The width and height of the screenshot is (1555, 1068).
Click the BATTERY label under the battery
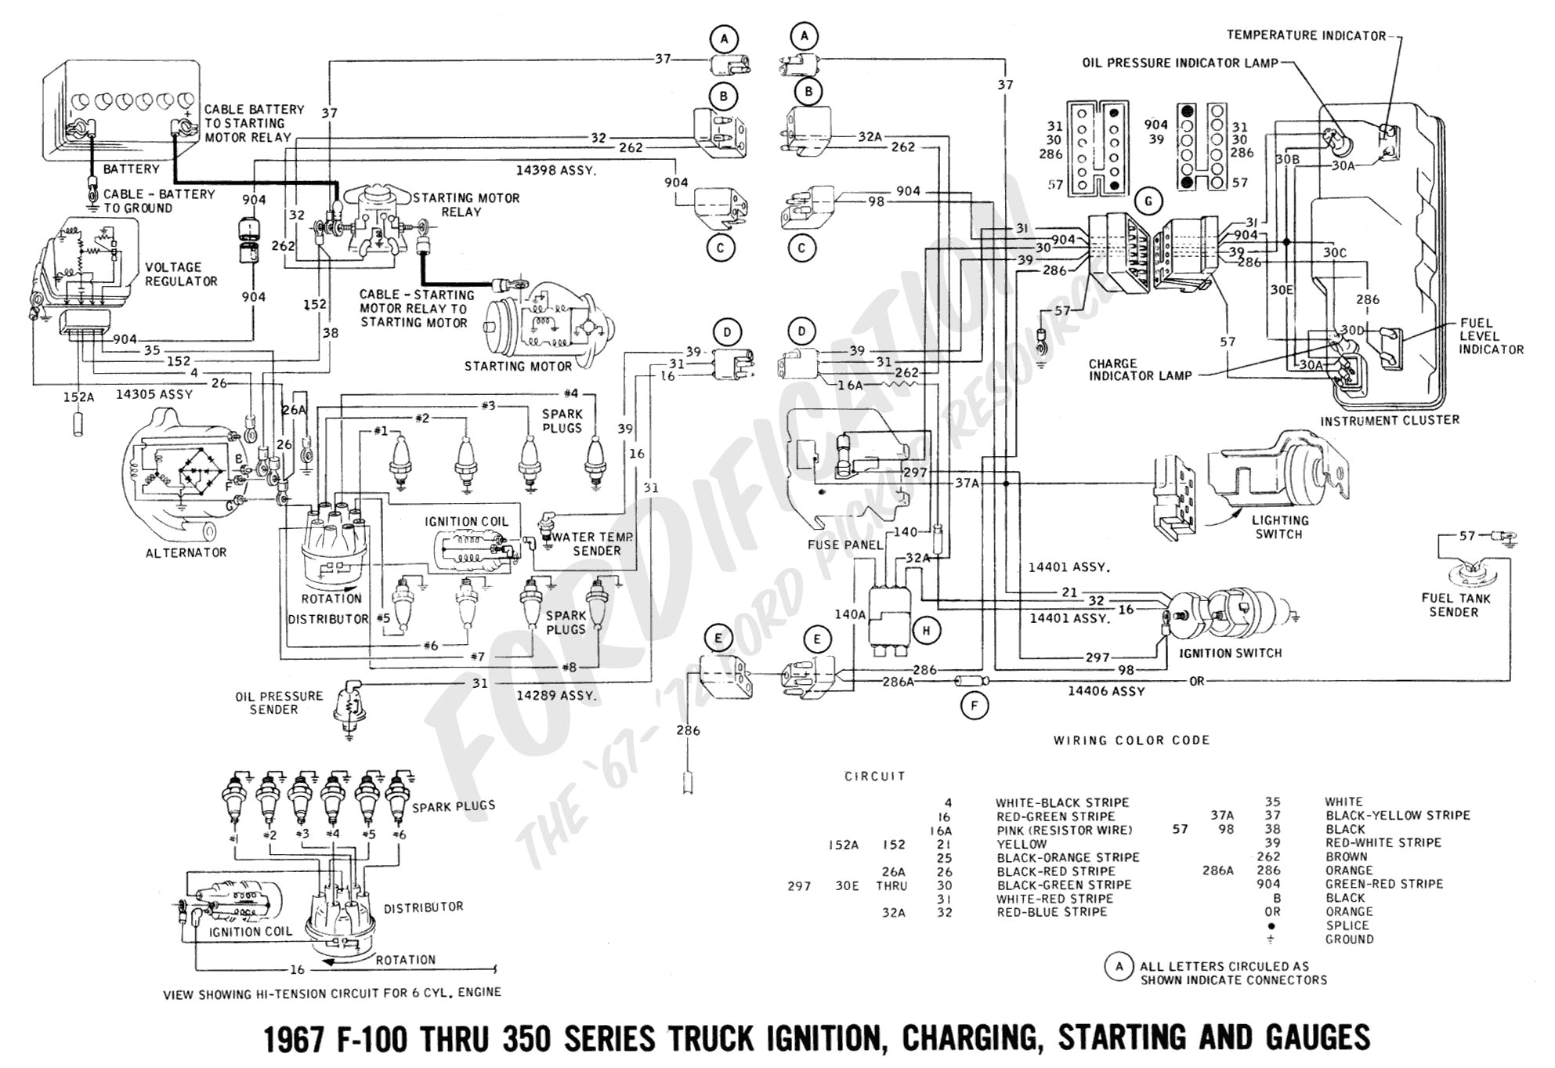(x=131, y=168)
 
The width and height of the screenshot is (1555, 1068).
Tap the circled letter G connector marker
(x=1148, y=201)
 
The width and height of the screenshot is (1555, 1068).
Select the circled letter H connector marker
(x=927, y=630)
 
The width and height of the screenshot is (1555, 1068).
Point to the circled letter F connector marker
(x=975, y=706)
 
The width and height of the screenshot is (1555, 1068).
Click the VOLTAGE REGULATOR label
(x=181, y=274)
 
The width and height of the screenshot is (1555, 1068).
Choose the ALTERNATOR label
(x=186, y=552)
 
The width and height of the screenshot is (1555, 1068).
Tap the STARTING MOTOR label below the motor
(x=518, y=366)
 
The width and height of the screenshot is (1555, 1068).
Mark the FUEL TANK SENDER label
(x=1456, y=605)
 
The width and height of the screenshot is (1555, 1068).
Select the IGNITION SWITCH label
(x=1230, y=653)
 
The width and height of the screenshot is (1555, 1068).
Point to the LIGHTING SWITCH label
(x=1279, y=527)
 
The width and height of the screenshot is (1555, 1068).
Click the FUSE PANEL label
(x=844, y=545)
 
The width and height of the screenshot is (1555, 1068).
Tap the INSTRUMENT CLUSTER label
(x=1389, y=420)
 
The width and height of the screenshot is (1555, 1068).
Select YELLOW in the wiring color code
(x=1022, y=844)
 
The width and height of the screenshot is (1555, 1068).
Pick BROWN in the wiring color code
(x=1346, y=856)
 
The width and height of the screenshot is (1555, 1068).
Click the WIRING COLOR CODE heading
(x=1131, y=740)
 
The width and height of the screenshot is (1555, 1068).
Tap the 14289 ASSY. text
(x=555, y=695)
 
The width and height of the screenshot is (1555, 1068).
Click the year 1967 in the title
(x=293, y=1039)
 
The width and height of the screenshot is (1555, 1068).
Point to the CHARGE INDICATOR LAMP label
(x=1139, y=370)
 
